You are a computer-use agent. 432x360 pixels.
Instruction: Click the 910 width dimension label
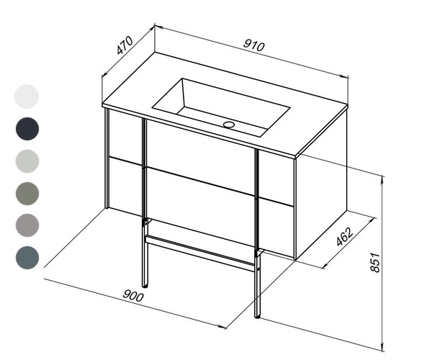[253, 46]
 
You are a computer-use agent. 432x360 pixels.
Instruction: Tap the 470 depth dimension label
[125, 45]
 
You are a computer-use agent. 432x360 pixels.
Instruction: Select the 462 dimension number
[344, 236]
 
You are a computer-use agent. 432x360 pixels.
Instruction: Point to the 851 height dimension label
[375, 263]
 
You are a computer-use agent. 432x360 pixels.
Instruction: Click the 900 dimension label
[133, 295]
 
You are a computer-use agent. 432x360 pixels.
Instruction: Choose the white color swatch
[27, 96]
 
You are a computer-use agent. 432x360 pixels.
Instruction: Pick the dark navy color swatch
[27, 129]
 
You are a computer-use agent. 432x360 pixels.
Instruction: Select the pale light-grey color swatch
[27, 161]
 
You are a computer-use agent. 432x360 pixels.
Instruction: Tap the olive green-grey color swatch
[27, 194]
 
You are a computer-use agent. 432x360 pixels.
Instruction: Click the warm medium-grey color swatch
[27, 225]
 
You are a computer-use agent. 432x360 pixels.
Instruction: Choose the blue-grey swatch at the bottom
[27, 258]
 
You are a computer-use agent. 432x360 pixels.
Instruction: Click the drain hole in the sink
[229, 125]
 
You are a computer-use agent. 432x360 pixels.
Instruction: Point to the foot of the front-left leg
[145, 287]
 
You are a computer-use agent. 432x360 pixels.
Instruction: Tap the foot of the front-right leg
[257, 317]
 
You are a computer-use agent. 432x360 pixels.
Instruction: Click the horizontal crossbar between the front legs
[200, 253]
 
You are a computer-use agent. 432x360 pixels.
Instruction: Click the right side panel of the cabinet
[322, 185]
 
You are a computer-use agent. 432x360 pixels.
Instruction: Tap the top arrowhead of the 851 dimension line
[382, 179]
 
